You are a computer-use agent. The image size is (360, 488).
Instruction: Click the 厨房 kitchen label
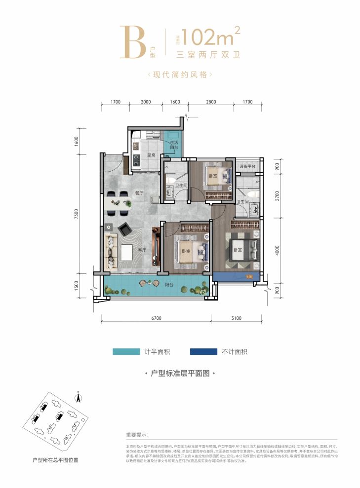pyautogui.click(x=151, y=155)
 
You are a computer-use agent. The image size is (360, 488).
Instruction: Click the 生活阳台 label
pyautogui.click(x=173, y=145)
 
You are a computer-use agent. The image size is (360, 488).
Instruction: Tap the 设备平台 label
pyautogui.click(x=247, y=167)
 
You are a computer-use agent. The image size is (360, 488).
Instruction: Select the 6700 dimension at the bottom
pyautogui.click(x=156, y=321)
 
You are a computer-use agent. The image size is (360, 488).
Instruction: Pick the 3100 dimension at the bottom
pyautogui.click(x=237, y=321)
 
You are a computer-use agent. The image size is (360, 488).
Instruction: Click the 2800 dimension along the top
pyautogui.click(x=211, y=102)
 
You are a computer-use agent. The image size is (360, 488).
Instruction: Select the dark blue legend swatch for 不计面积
pyautogui.click(x=203, y=352)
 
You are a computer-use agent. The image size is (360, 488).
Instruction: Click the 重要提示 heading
pyautogui.click(x=137, y=435)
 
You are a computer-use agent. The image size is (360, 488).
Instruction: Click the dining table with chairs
pyautogui.click(x=118, y=203)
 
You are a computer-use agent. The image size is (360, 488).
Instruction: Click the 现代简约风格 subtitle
pyautogui.click(x=180, y=75)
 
